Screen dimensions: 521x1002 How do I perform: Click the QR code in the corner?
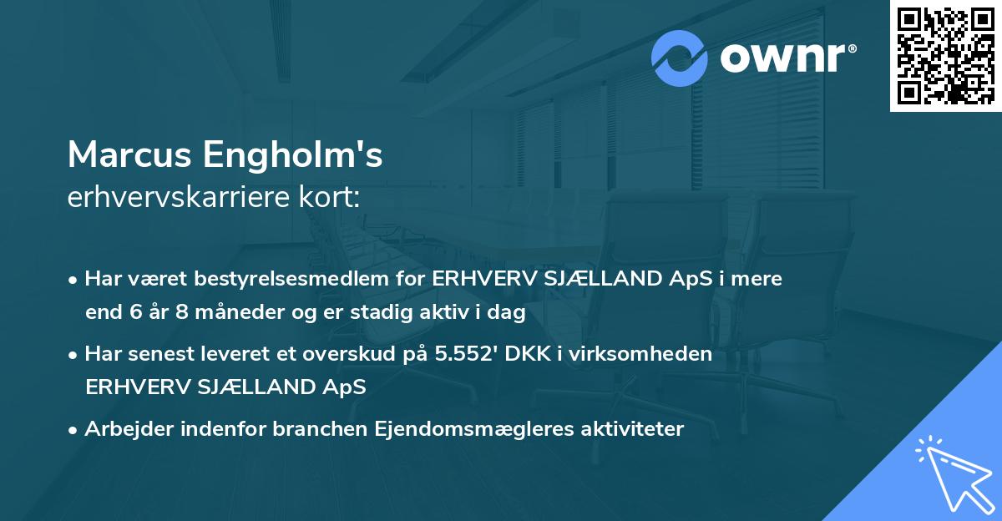[x=945, y=56]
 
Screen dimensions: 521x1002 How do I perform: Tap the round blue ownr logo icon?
[x=680, y=58]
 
